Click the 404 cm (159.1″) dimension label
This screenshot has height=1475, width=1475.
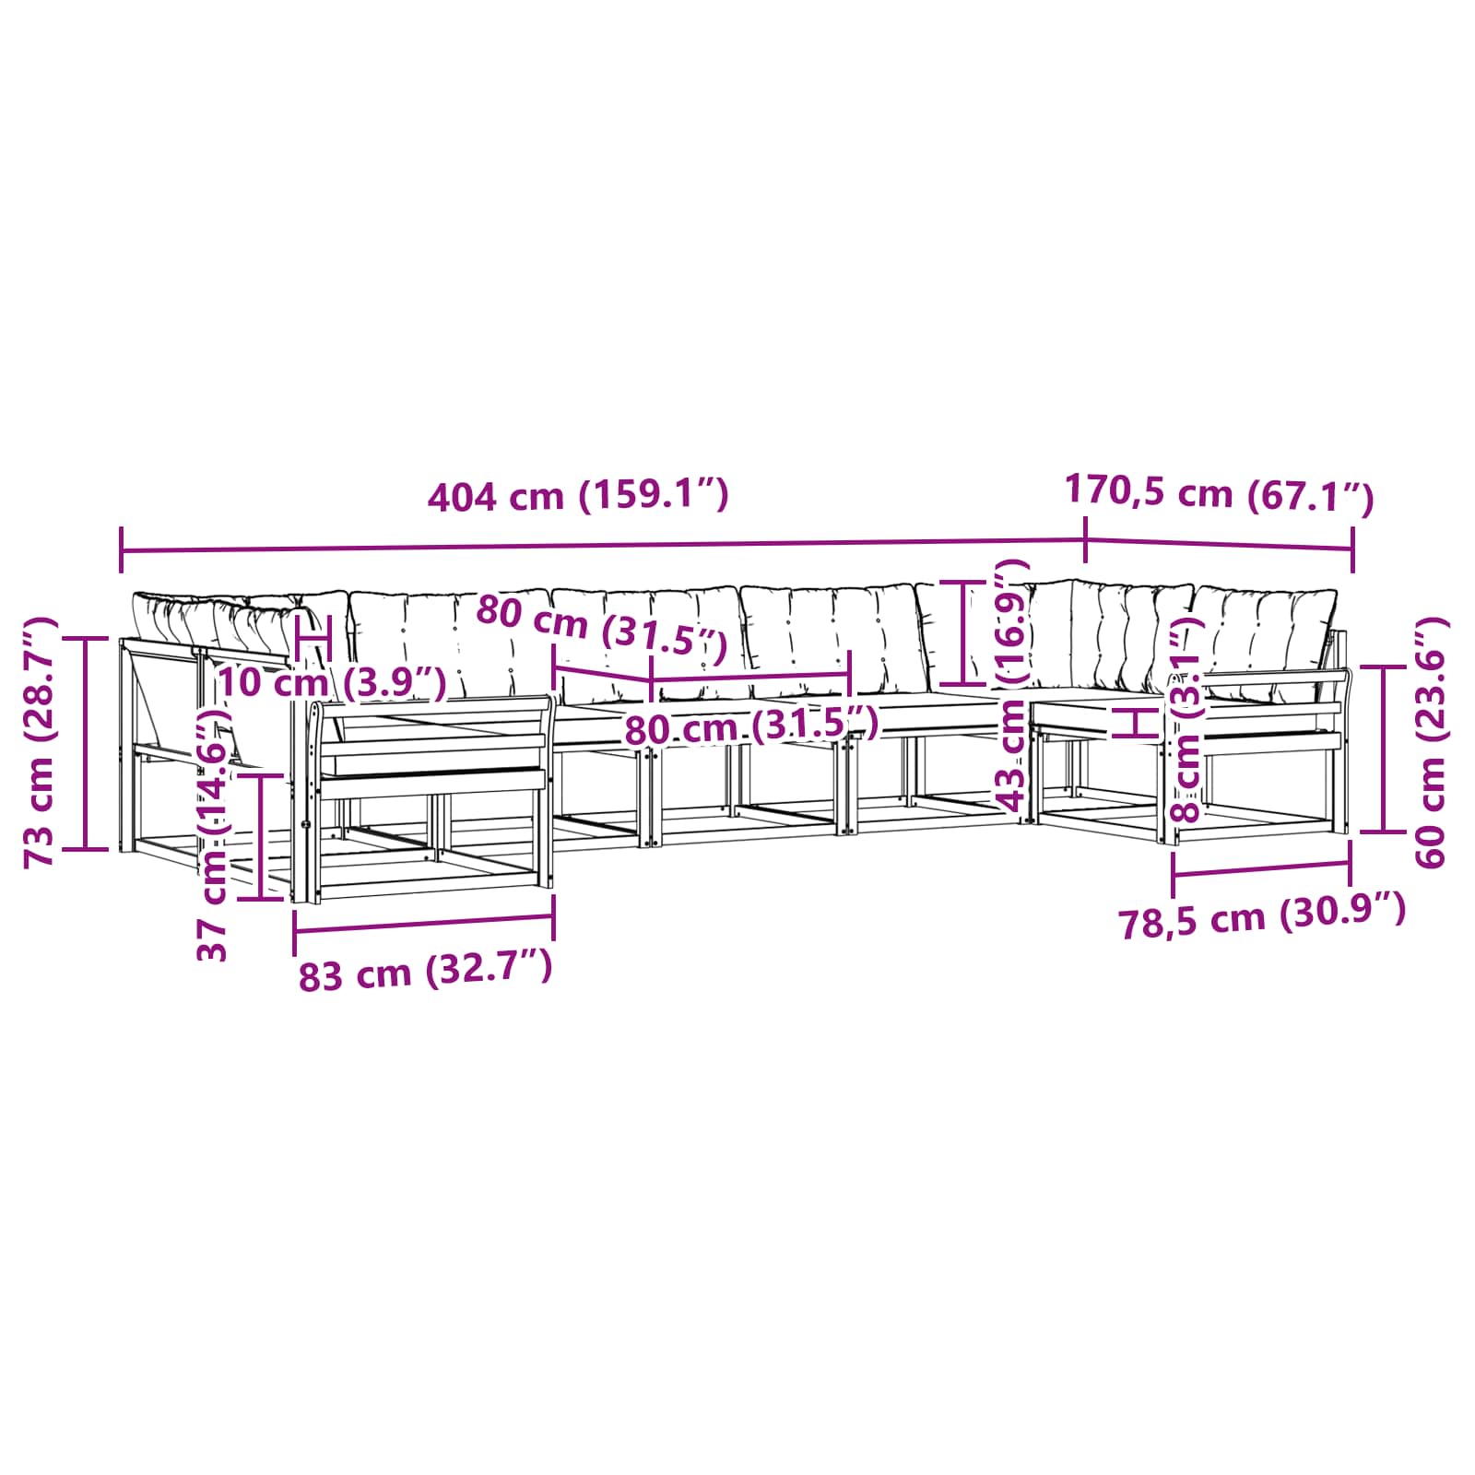point(578,496)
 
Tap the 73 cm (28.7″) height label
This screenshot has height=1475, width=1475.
point(41,741)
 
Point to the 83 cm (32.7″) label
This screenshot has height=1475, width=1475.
point(425,972)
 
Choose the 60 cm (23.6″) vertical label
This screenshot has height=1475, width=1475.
point(1432,742)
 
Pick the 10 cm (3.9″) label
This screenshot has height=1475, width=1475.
point(333,683)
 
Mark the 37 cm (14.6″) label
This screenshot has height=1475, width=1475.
point(213,834)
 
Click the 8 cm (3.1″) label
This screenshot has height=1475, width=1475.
point(1186,719)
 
